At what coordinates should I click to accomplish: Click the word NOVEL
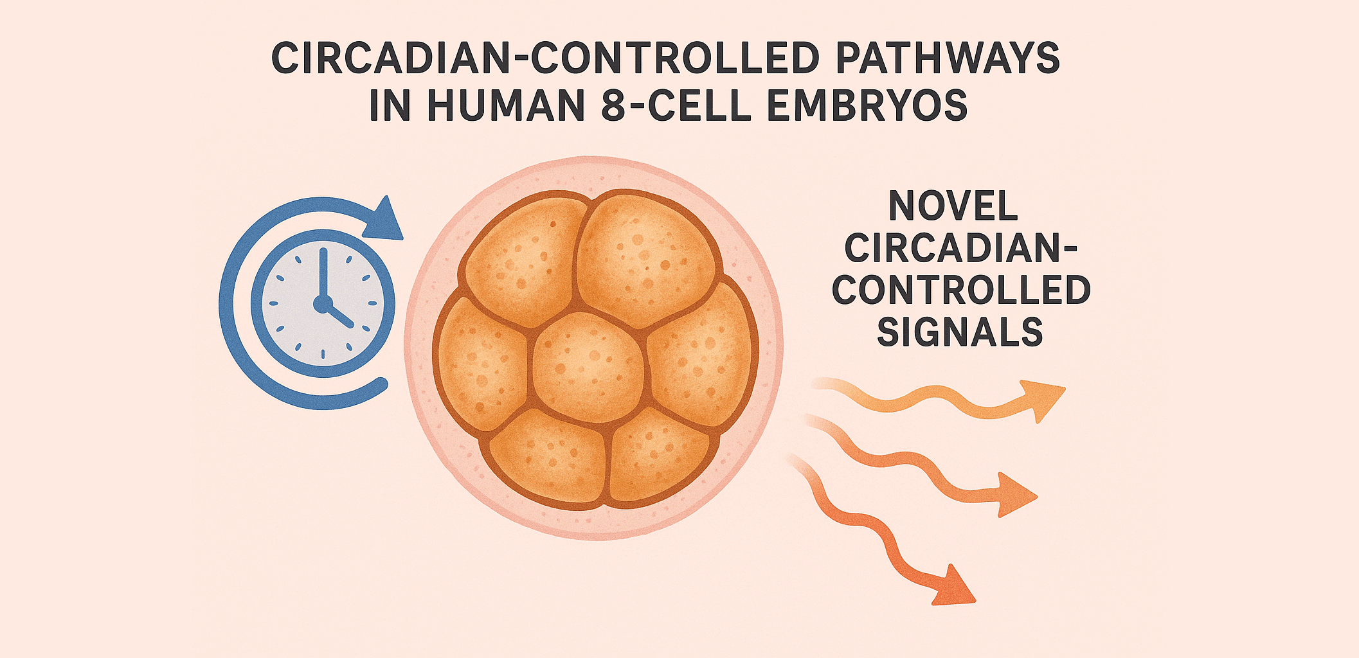pyautogui.click(x=953, y=206)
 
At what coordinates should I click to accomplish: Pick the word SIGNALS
pyautogui.click(x=960, y=332)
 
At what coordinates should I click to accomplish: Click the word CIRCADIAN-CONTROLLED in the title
pyautogui.click(x=545, y=58)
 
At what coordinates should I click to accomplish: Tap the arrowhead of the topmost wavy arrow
pyautogui.click(x=1042, y=399)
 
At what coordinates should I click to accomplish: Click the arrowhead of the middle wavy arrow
pyautogui.click(x=1015, y=494)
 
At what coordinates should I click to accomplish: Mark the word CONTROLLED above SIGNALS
pyautogui.click(x=961, y=290)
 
